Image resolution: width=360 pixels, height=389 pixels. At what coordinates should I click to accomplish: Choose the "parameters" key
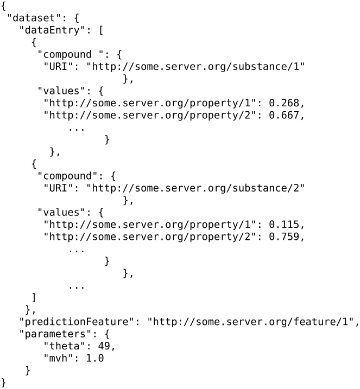tap(50, 335)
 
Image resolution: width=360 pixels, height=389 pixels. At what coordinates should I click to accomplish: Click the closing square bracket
tap(34, 297)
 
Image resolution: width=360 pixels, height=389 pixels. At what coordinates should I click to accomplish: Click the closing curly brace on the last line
tap(4, 383)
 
